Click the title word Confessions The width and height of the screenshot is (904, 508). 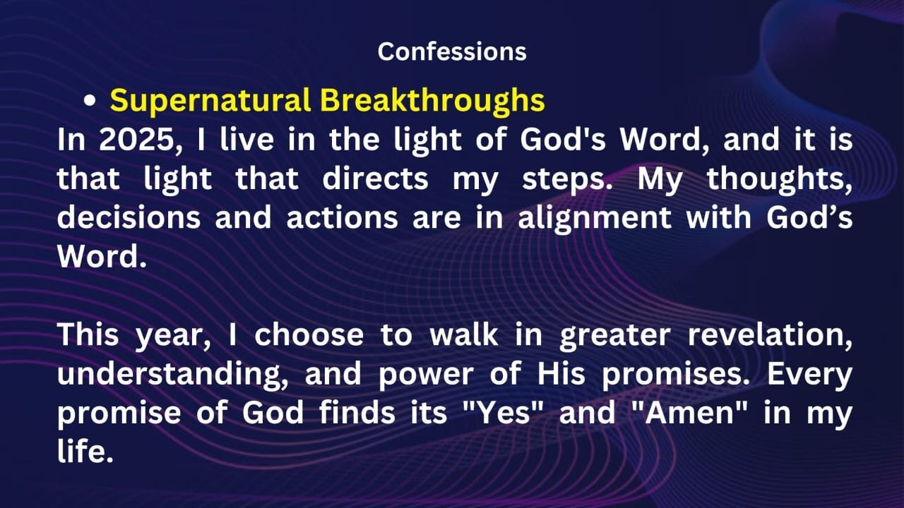452,52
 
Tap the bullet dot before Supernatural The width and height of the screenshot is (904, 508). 90,102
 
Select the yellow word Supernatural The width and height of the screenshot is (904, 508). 210,101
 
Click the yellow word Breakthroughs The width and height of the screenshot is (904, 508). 432,101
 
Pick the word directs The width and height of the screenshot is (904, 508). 375,179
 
